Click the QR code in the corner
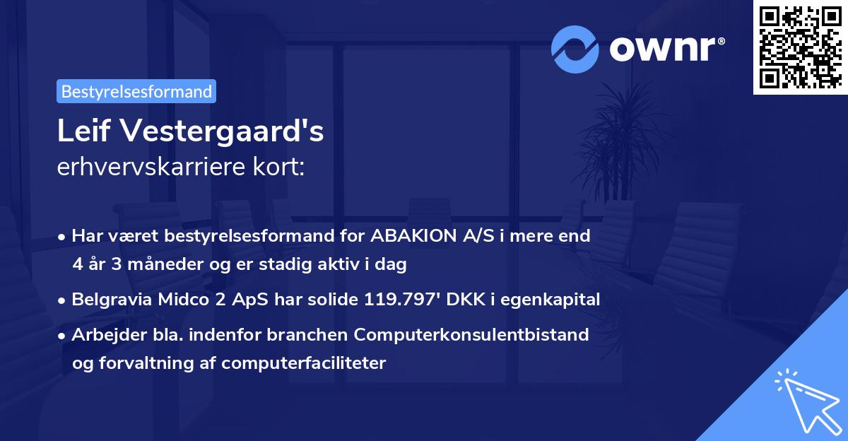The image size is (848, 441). tap(800, 47)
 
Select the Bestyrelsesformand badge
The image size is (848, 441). tap(136, 91)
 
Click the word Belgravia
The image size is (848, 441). tap(111, 300)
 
